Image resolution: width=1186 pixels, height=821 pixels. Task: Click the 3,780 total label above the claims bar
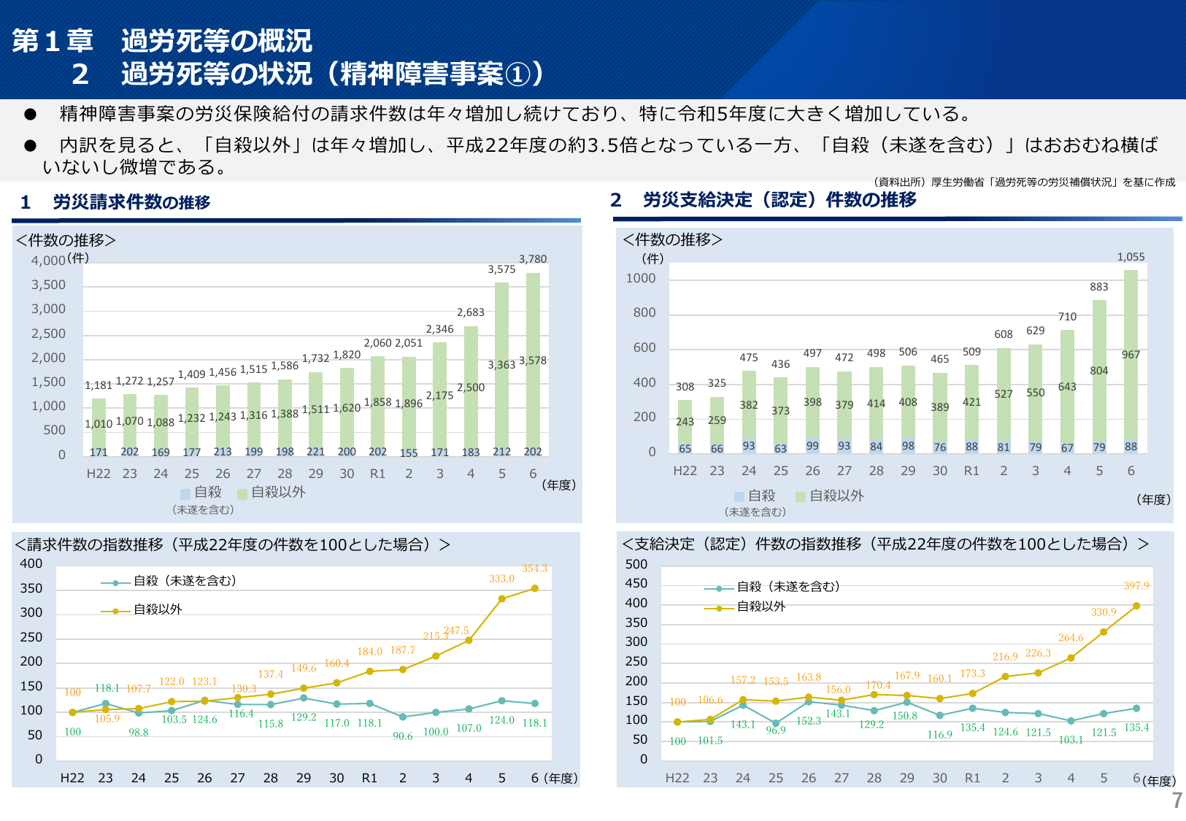[533, 259]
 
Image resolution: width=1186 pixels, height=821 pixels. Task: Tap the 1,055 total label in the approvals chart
[1131, 257]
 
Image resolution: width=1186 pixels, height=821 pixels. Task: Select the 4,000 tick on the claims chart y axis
[48, 261]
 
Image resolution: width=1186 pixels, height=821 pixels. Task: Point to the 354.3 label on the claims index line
[534, 568]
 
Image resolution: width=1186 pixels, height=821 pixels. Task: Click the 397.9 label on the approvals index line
[1136, 586]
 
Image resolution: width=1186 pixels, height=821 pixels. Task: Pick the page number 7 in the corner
[1177, 801]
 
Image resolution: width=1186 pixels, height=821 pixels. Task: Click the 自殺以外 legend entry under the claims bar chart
[277, 493]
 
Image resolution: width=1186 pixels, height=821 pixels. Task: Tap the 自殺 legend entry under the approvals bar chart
[761, 496]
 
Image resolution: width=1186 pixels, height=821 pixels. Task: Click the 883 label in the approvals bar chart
[1099, 287]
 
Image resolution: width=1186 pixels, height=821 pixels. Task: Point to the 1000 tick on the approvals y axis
[641, 278]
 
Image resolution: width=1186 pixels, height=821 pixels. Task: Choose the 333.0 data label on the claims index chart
[501, 579]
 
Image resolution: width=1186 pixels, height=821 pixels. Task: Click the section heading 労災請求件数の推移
[131, 202]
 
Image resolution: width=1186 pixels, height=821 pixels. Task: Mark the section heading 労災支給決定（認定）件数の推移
[779, 200]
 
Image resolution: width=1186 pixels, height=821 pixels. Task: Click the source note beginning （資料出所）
[1024, 182]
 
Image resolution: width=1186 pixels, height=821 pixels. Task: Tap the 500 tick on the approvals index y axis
[636, 564]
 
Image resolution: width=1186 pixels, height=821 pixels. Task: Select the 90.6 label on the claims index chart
[403, 736]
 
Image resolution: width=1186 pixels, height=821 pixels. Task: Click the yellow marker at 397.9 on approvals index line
[1136, 606]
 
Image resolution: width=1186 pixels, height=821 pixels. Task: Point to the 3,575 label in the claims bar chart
[501, 269]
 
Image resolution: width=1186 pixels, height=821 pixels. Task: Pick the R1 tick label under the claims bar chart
[377, 474]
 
